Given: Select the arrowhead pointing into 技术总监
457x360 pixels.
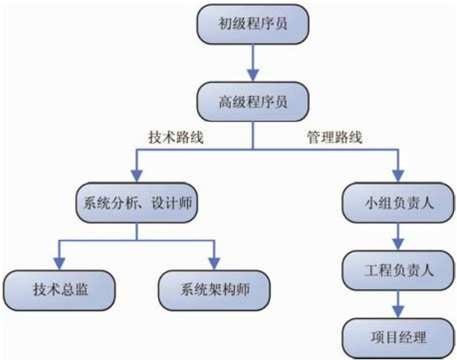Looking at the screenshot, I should pyautogui.click(x=60, y=263).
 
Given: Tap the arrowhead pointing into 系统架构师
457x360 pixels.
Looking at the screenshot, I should pyautogui.click(x=214, y=263).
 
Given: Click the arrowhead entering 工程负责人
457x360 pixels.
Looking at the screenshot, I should pyautogui.click(x=398, y=244).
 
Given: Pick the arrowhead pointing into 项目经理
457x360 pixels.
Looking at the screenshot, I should pyautogui.click(x=398, y=311).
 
